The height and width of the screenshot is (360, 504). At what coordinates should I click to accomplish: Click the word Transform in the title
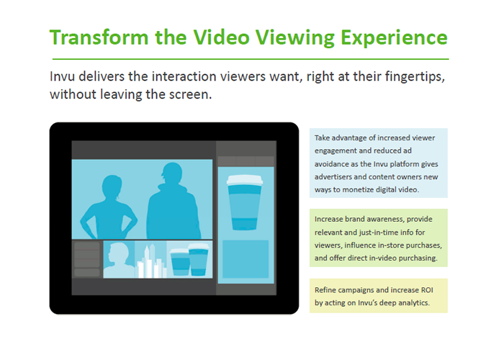[x=99, y=37]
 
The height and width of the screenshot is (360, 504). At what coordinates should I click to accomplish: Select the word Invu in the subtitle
[x=63, y=77]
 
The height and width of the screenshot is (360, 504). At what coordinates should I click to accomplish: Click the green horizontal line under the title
[x=251, y=59]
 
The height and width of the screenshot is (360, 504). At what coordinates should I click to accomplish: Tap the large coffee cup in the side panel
[x=245, y=202]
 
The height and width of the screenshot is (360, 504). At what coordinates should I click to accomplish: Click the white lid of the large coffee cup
[x=245, y=180]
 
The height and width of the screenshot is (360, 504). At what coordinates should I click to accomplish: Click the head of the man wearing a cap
[x=173, y=174]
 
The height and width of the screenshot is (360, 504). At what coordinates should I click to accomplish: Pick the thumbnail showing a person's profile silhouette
[x=119, y=259]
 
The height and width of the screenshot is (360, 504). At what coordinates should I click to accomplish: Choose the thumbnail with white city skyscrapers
[x=150, y=259]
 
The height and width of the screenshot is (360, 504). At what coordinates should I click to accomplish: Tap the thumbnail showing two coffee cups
[x=189, y=259]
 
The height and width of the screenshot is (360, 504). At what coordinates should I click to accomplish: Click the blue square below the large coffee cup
[x=246, y=259]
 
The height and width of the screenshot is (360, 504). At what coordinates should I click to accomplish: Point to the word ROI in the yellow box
[x=427, y=290]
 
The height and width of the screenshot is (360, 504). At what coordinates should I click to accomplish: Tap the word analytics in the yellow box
[x=413, y=303]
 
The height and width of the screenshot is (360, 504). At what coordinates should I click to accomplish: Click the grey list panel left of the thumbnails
[x=87, y=259]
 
